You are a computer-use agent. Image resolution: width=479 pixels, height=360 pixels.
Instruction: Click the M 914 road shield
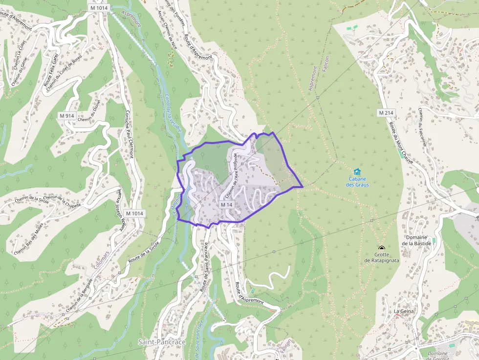point(66,116)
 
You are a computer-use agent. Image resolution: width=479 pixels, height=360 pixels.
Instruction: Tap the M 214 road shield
point(386,113)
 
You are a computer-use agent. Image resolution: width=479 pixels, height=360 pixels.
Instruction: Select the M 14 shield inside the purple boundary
point(226,205)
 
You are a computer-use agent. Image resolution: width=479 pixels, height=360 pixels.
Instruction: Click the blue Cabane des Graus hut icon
point(357,171)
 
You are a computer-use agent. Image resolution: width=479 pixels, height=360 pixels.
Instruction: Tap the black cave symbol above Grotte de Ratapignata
point(381,248)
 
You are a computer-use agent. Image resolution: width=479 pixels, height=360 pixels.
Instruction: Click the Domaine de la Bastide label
point(416,240)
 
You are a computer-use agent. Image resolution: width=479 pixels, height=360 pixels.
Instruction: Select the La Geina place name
point(404,311)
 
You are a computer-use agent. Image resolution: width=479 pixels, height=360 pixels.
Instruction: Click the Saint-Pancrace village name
point(162,342)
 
